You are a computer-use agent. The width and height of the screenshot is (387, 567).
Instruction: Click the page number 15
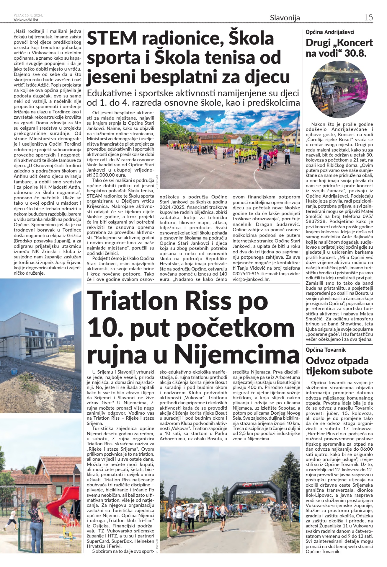tap(368, 17)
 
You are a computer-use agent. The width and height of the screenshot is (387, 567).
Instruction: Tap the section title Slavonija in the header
tap(285, 18)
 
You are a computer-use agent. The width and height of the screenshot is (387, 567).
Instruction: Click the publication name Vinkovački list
tap(26, 20)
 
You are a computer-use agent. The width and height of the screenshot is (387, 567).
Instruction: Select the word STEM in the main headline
tap(112, 38)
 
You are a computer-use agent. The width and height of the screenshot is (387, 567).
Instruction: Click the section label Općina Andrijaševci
tap(330, 32)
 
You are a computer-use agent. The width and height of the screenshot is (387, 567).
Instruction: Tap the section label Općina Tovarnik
tap(326, 350)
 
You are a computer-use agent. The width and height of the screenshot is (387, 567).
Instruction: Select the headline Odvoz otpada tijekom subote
tap(339, 366)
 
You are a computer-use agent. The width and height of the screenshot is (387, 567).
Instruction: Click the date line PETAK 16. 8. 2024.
tap(28, 15)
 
